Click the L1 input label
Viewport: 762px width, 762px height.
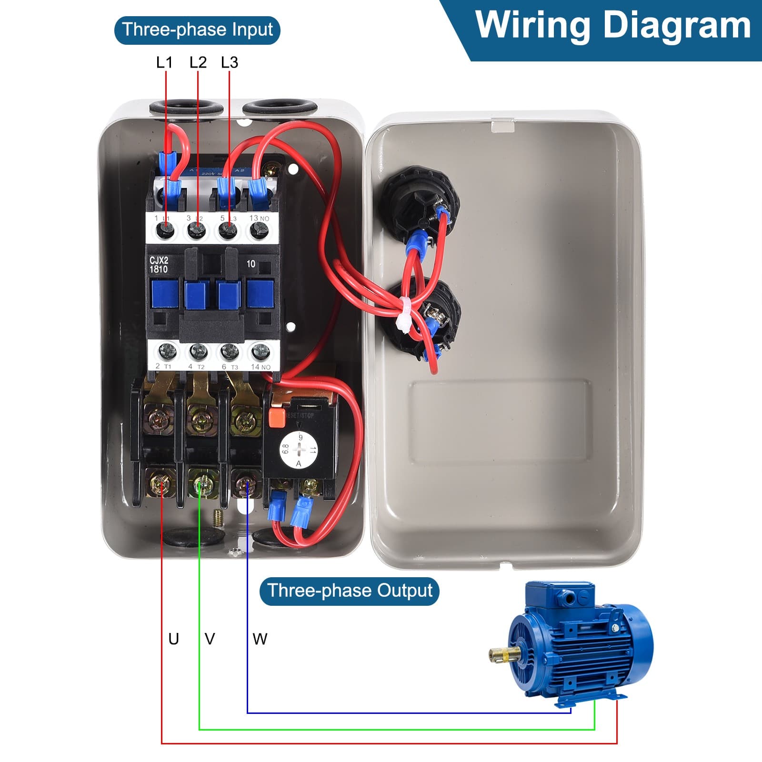[x=164, y=62]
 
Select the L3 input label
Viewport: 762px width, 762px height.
[x=230, y=62]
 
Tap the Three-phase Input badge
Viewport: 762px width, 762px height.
[x=197, y=30]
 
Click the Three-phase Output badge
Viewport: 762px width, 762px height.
[x=349, y=591]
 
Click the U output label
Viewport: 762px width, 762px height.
[x=174, y=639]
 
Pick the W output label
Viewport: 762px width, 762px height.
[x=260, y=639]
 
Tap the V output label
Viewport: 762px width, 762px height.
[x=210, y=639]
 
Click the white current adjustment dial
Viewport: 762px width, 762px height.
[x=299, y=450]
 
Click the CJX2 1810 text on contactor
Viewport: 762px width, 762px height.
[x=159, y=265]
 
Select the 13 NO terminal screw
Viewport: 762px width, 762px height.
[x=259, y=231]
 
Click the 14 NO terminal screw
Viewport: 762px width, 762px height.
[x=260, y=352]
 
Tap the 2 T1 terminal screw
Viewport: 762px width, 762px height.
[x=167, y=352]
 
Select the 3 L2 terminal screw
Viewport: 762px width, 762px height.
[x=196, y=231]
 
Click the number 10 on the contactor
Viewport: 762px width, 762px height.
[x=251, y=264]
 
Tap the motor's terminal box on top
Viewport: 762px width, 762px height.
[x=560, y=595]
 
